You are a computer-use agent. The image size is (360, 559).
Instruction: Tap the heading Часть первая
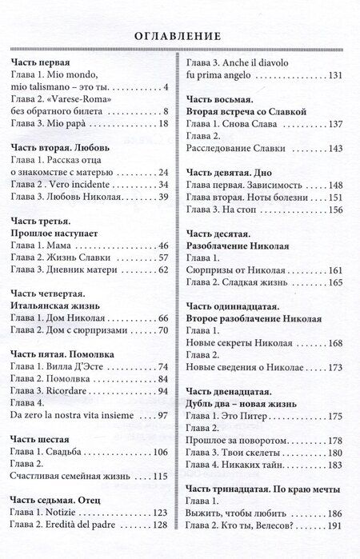41,62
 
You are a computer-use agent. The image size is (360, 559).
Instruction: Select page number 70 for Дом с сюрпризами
162,331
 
